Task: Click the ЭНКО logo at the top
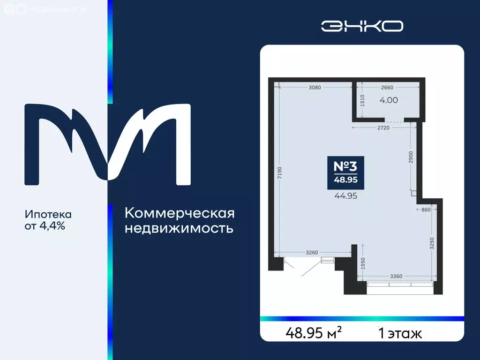tap(362, 26)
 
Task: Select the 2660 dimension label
tap(387, 87)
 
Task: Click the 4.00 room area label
tap(389, 100)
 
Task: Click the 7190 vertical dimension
tap(279, 173)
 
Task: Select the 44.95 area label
tap(345, 196)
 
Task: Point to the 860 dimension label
tap(426, 210)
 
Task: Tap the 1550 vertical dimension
tap(363, 264)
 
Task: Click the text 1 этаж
tap(400, 334)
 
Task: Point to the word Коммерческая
tap(180, 214)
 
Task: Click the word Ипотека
tap(48, 215)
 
